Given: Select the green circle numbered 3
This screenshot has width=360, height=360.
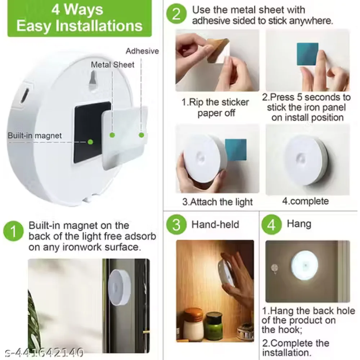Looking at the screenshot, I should [x=176, y=225].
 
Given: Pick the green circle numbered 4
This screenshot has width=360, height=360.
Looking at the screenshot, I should [x=272, y=225].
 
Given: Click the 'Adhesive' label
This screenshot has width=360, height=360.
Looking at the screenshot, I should [x=142, y=51].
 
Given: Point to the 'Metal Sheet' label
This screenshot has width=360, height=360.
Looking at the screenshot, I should [x=112, y=65].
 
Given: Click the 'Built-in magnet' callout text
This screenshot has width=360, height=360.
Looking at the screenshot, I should [x=35, y=136].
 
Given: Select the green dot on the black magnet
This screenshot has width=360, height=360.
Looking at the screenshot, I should [x=90, y=142].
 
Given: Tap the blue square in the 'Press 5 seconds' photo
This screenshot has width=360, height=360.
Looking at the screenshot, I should [x=307, y=54].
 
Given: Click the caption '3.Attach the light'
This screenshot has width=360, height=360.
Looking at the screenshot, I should [x=217, y=202].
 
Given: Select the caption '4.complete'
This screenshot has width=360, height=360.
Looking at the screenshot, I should [x=305, y=201].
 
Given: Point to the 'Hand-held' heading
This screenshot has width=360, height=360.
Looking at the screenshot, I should [x=215, y=225].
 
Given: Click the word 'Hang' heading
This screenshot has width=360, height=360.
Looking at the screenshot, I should [x=299, y=224].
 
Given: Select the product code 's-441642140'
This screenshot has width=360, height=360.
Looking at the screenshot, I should [x=42, y=352].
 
